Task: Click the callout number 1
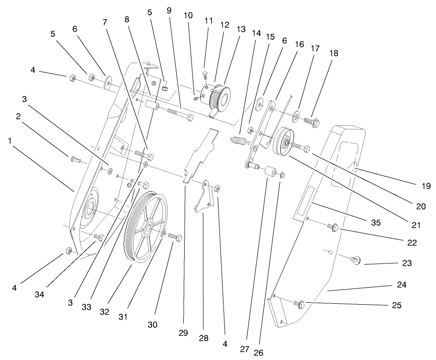[x=10, y=141]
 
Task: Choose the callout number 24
[x=401, y=285]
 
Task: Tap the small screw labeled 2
[x=75, y=160]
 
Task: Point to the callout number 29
[x=183, y=333]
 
